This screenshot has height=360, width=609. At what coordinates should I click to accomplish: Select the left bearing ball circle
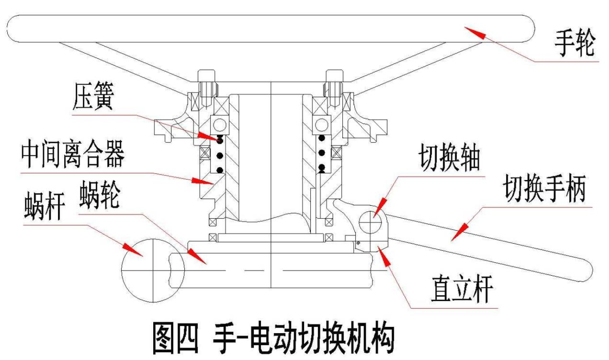pyautogui.click(x=220, y=125)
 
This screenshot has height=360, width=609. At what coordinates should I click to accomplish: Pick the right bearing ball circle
pyautogui.click(x=321, y=125)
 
